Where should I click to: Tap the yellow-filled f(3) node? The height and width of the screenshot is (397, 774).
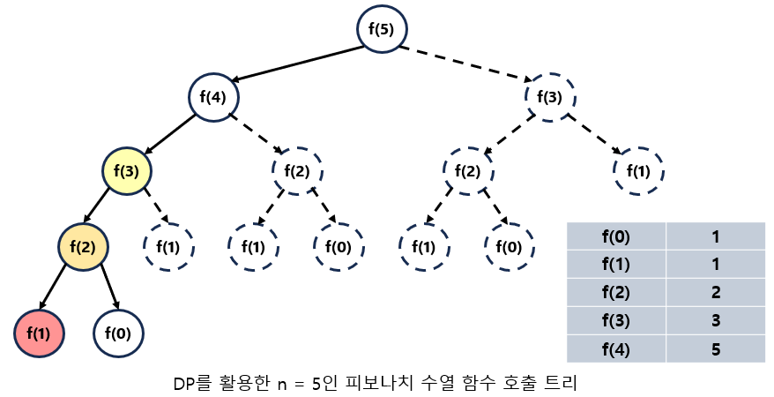[128, 170]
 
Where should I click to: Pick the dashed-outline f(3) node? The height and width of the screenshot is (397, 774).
[550, 95]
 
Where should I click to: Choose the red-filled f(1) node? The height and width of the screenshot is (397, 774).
[39, 333]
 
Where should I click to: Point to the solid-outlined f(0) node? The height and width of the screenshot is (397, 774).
[119, 333]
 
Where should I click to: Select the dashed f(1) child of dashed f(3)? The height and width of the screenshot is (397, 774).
[637, 170]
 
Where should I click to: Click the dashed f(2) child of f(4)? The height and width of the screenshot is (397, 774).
[298, 170]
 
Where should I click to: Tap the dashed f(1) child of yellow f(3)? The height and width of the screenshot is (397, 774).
[168, 247]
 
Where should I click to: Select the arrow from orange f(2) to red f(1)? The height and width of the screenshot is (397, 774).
[61, 290]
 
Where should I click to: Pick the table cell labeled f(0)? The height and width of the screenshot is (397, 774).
[616, 236]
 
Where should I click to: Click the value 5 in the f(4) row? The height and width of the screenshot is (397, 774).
[716, 348]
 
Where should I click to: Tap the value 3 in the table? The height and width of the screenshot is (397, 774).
[716, 320]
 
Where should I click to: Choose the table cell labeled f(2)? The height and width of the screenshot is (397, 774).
[616, 292]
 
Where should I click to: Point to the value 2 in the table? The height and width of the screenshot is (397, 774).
[716, 292]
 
